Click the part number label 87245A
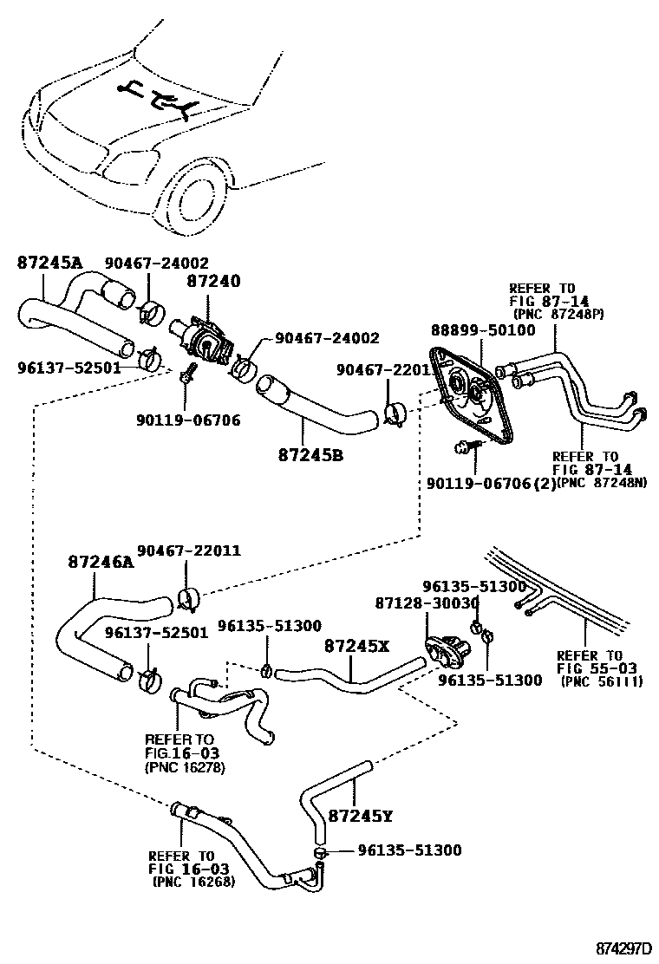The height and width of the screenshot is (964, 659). (49, 263)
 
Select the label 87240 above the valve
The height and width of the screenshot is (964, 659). (212, 282)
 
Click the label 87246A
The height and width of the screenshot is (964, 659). (101, 562)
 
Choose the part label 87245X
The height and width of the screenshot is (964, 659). (357, 646)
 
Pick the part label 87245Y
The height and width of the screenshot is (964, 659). (361, 816)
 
